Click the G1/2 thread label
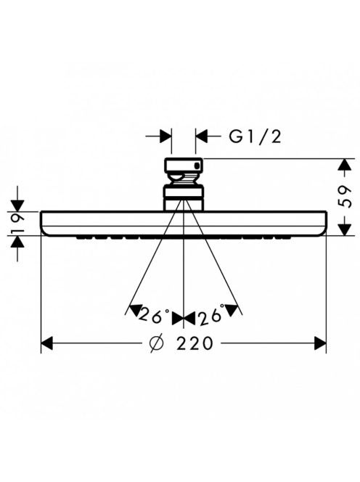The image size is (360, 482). [x=255, y=136]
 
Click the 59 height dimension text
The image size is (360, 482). [x=345, y=197]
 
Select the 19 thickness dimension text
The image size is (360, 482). [x=17, y=223]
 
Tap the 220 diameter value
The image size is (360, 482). [x=195, y=343]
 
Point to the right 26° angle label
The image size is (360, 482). [x=213, y=316]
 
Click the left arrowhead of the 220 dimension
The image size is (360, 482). [x=47, y=343]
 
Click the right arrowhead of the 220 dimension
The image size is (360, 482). [x=320, y=343]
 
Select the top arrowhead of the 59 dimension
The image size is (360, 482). [x=345, y=165]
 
